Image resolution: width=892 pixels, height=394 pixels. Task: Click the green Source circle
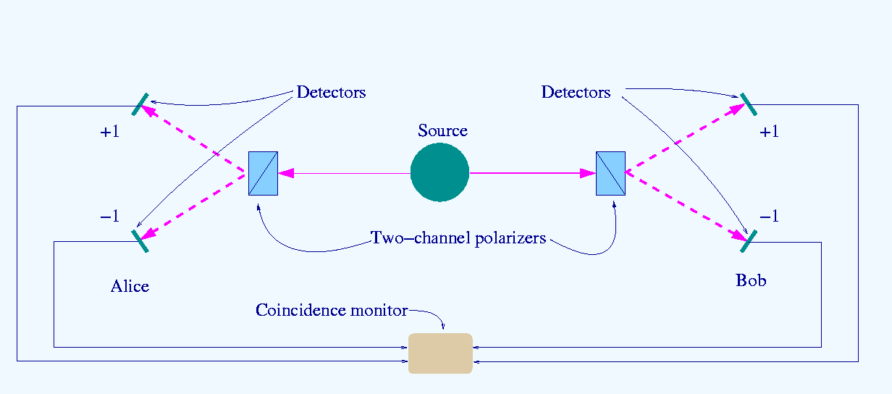coord(439,173)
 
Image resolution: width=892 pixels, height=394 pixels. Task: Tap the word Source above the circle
coord(442,131)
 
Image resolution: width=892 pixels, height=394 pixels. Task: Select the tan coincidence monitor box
coord(440,353)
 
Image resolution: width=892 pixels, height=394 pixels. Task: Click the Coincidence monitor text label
coord(332,311)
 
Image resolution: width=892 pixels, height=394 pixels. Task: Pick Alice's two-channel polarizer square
coord(263,174)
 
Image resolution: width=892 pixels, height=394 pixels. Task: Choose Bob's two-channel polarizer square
coord(610,174)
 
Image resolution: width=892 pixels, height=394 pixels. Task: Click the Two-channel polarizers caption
coord(458,238)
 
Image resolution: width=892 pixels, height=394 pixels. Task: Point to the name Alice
coord(130,286)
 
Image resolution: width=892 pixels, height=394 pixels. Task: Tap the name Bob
coord(751,280)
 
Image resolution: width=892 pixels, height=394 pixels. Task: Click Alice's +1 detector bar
coord(140,104)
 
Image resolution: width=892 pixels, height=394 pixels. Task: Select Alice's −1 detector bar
coord(140,240)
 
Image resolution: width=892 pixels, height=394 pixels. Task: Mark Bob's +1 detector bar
coord(748,104)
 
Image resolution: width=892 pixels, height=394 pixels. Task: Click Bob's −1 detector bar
coord(749,240)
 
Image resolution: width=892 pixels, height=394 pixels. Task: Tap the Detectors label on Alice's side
coord(331,93)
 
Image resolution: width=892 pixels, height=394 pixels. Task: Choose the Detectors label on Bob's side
coord(576,93)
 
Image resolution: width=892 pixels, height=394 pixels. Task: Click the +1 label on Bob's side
coord(769,132)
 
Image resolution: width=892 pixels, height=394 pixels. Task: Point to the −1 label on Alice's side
coord(109,217)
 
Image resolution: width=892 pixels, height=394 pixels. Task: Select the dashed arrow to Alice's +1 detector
coord(193,139)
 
